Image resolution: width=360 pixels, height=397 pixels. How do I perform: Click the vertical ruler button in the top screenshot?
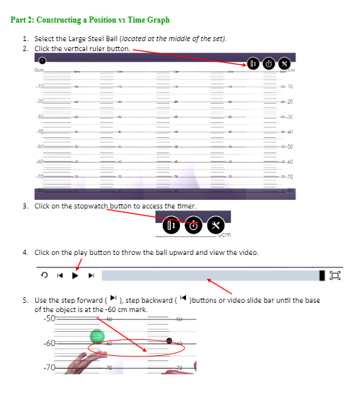253,64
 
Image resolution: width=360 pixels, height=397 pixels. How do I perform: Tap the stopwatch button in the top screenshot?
269,64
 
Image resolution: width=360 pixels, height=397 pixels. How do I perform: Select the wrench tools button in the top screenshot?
285,64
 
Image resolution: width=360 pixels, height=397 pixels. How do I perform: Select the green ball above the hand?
98,337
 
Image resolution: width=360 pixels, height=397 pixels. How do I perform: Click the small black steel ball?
169,341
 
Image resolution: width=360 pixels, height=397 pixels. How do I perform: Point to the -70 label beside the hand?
48,367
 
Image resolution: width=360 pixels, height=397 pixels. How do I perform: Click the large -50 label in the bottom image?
48,319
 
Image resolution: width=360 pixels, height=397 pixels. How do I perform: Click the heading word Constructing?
63,20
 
